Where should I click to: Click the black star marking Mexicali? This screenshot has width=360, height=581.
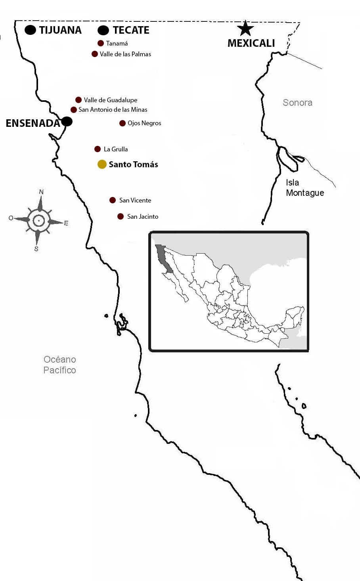click(x=245, y=29)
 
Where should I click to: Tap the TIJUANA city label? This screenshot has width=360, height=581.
click(x=60, y=30)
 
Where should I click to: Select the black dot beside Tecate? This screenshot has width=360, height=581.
click(x=103, y=30)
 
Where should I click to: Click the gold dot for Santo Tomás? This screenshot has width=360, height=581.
click(x=102, y=164)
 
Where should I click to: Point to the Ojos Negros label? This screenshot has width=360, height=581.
click(x=144, y=123)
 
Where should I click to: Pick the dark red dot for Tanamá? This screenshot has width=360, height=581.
click(x=101, y=43)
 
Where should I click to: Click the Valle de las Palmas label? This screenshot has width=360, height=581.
click(x=125, y=54)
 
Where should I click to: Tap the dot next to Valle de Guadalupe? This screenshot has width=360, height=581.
click(x=79, y=100)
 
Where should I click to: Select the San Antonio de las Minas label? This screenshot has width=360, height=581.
click(x=113, y=110)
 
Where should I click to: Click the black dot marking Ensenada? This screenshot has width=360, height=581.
click(x=67, y=121)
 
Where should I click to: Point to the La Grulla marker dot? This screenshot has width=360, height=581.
click(x=98, y=149)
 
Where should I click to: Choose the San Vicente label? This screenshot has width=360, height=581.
click(x=135, y=201)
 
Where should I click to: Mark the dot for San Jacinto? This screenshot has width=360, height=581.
click(x=121, y=216)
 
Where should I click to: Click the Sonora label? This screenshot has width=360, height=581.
click(x=297, y=103)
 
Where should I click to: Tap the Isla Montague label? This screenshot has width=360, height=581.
click(x=304, y=188)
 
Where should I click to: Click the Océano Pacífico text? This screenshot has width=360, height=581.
click(x=60, y=365)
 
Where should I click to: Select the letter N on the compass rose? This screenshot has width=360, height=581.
click(x=41, y=192)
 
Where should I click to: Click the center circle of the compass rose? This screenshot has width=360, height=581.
click(x=38, y=220)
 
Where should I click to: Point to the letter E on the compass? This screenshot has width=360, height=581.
click(x=66, y=223)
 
